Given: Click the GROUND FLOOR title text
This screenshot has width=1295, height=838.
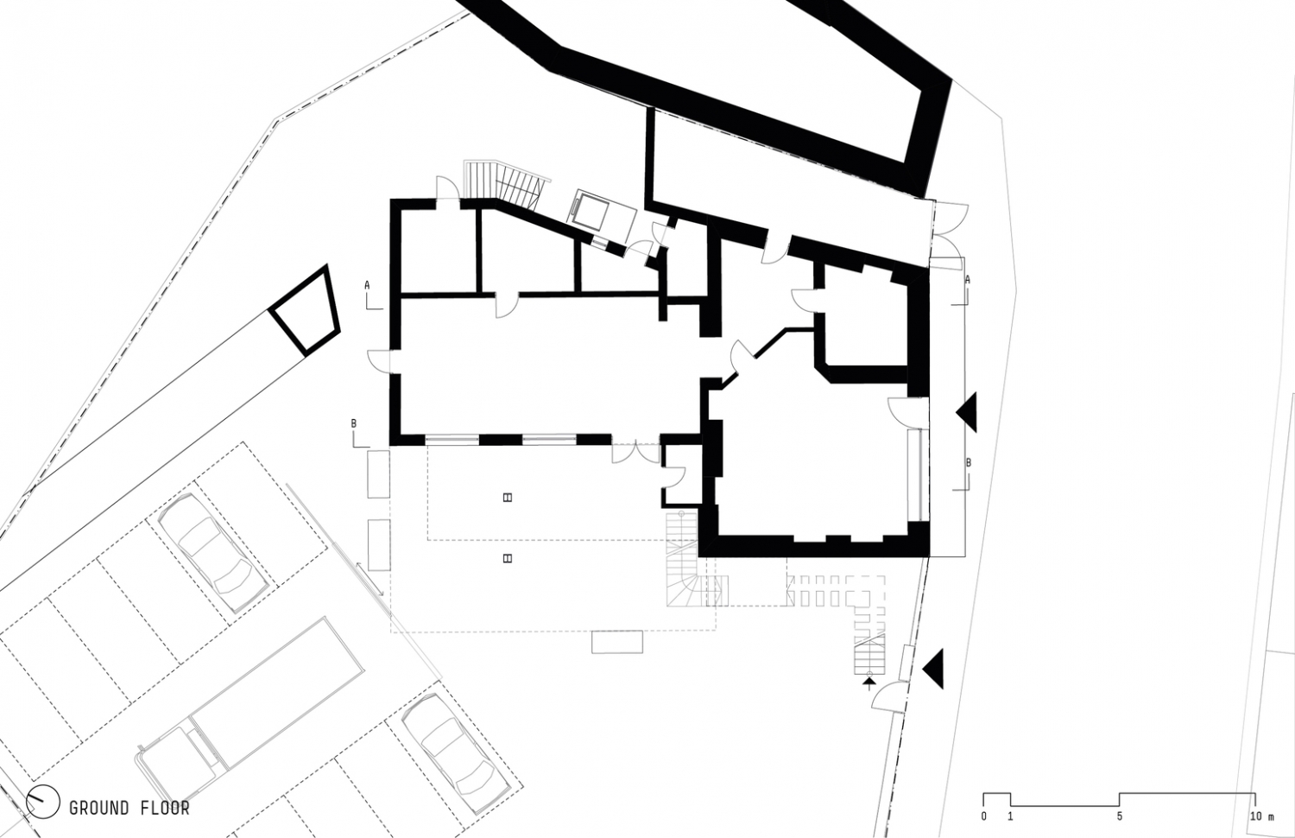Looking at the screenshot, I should coord(129,809).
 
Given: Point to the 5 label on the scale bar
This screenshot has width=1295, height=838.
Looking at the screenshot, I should coord(1120,816).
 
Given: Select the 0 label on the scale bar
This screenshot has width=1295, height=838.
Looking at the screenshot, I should coord(983,816).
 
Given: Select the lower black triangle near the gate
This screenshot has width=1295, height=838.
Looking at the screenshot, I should coord(932,668).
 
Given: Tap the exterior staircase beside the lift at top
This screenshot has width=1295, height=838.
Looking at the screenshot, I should coord(505,182).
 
